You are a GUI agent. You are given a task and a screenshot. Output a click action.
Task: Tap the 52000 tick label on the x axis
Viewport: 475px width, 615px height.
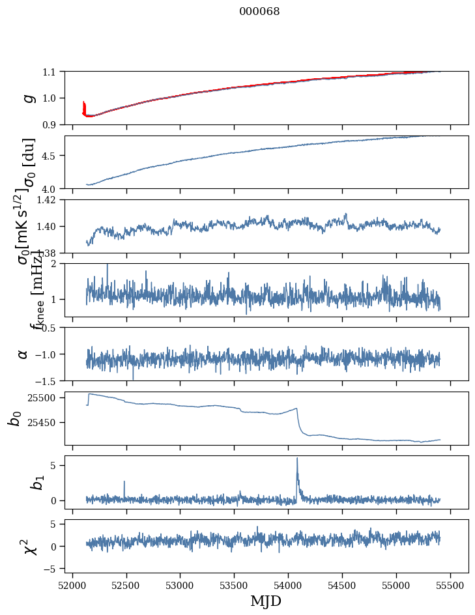tap(72, 584)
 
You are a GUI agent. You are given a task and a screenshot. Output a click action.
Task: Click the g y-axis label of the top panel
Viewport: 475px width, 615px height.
tap(27, 98)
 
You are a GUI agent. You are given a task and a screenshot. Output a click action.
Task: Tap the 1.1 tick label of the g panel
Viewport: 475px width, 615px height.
tap(50, 72)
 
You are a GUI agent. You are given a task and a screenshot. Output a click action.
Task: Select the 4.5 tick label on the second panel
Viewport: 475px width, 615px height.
tap(50, 156)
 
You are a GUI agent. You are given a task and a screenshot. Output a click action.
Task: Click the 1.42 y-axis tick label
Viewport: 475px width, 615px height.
tap(46, 199)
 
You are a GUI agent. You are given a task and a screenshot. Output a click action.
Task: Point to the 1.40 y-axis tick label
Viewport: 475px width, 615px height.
tap(46, 226)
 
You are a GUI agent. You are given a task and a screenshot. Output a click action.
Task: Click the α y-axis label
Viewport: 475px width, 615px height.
tap(23, 353)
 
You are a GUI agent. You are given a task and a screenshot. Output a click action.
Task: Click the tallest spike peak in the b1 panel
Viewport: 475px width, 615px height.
tap(297, 458)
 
